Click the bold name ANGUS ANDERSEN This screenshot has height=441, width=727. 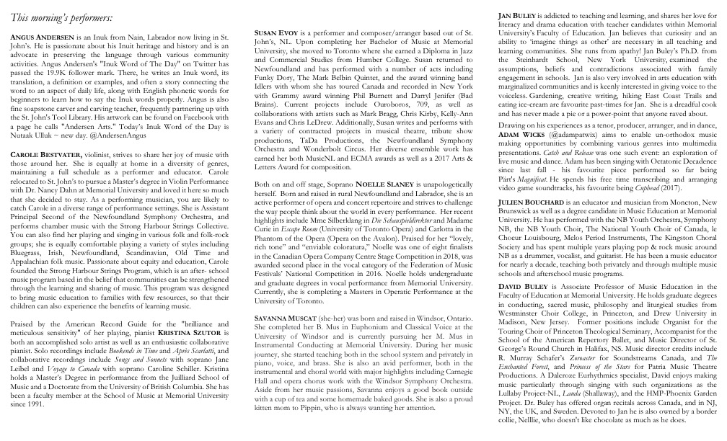point(44,36)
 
